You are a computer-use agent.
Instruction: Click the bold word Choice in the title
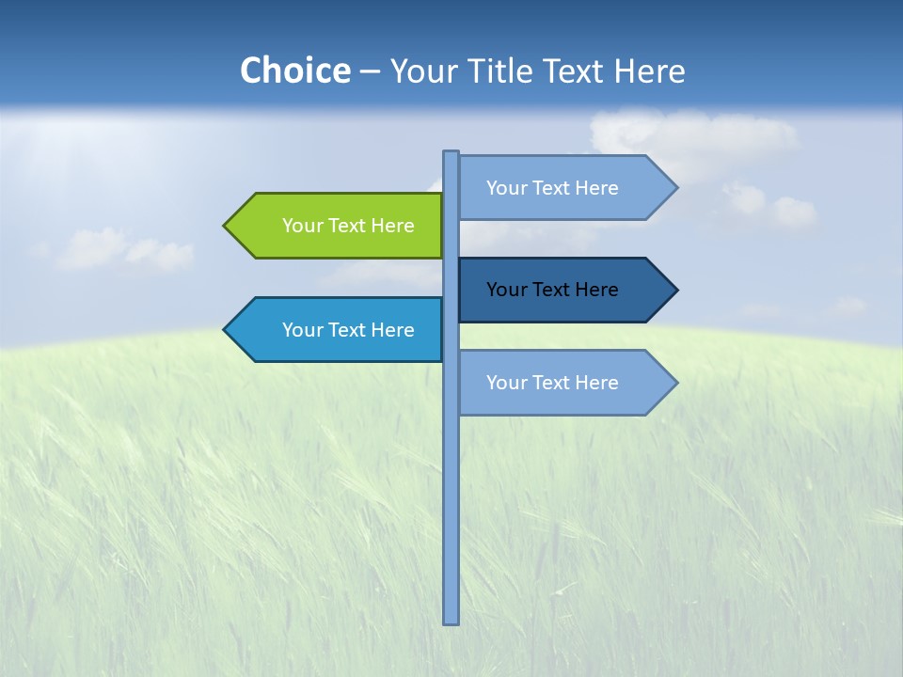click(x=294, y=71)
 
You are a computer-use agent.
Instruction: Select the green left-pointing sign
click(x=339, y=226)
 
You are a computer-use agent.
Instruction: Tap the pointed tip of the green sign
click(x=227, y=226)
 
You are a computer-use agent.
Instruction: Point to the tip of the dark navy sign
click(x=674, y=290)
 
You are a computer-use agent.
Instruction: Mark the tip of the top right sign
click(x=674, y=188)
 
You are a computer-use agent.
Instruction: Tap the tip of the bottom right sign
click(x=674, y=383)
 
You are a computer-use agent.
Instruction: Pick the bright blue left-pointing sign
click(x=339, y=330)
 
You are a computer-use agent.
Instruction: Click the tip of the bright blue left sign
click(x=227, y=330)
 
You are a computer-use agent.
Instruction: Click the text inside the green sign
click(x=348, y=226)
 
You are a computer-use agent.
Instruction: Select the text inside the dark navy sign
click(x=552, y=290)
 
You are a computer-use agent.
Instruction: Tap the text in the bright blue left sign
click(x=348, y=330)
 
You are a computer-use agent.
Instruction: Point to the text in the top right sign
click(x=552, y=188)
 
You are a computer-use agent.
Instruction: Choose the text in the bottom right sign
click(x=552, y=383)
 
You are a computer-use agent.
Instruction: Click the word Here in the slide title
click(x=650, y=71)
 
